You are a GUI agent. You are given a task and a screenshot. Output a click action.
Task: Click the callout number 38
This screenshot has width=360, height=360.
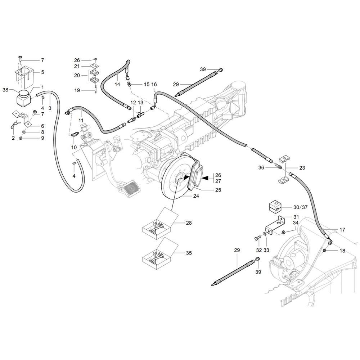[5, 90]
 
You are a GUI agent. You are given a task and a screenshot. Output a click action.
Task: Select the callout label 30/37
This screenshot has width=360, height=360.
[300, 207]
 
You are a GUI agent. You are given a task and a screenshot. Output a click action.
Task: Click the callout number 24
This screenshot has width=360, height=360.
[196, 196]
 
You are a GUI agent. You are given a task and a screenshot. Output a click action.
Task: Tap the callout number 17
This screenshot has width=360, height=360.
[342, 230]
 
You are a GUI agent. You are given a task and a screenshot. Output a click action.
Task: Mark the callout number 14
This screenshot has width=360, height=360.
[117, 85]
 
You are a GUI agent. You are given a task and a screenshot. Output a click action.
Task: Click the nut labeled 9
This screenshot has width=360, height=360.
[21, 138]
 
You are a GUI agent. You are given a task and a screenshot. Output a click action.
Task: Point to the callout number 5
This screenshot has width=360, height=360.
[42, 72]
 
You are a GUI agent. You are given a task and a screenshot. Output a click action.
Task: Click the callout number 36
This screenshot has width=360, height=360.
[261, 168]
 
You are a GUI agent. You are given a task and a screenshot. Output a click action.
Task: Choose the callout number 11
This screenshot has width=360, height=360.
[81, 121]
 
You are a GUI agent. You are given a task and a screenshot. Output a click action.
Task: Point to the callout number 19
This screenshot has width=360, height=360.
[77, 90]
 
